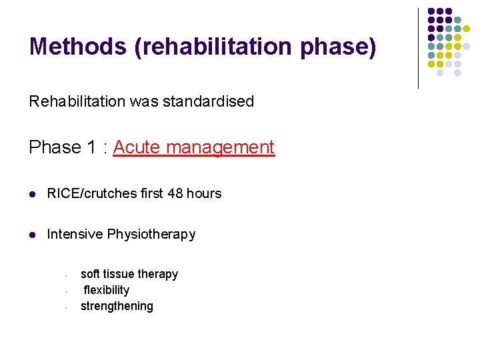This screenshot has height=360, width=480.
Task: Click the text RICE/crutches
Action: point(89,194)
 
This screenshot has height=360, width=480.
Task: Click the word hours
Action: point(205,194)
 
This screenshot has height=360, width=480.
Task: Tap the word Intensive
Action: point(75,235)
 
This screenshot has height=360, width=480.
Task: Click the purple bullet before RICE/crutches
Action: point(33,194)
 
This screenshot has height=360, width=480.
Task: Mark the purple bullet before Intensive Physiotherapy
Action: point(33,235)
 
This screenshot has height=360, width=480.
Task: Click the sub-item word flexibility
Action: point(107,290)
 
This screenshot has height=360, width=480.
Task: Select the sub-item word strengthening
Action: point(117,306)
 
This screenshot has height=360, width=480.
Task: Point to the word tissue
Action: point(119,274)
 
